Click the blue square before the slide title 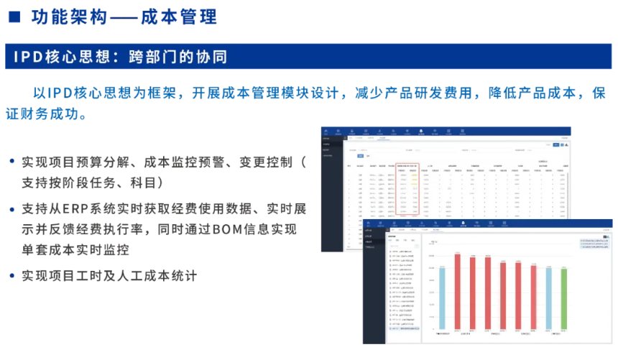14,17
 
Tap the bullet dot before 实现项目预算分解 12,162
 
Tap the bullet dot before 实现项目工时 12,275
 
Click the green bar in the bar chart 563,298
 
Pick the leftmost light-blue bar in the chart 441,297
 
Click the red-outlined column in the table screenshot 406,191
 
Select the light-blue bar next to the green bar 548,297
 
